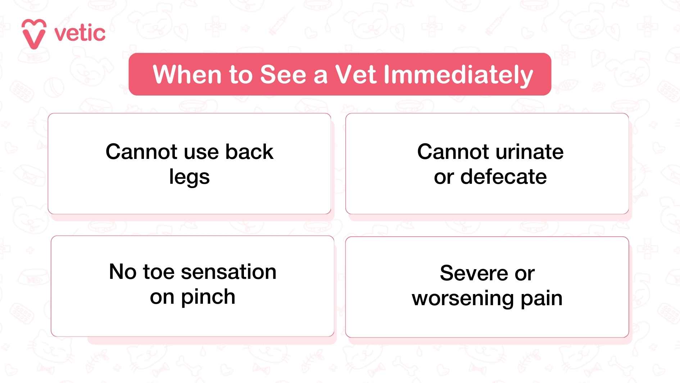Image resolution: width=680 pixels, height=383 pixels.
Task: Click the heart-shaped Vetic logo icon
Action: point(34,34)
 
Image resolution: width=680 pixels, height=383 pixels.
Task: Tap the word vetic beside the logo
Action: point(80,34)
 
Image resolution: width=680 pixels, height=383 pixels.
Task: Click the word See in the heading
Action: point(283,75)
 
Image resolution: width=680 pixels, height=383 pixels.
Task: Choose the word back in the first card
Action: point(249,152)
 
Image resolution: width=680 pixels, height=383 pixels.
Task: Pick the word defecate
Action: point(503,177)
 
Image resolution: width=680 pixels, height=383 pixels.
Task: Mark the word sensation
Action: point(228,272)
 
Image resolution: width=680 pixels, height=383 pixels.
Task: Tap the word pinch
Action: point(208,298)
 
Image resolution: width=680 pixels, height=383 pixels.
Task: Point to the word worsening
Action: point(463,299)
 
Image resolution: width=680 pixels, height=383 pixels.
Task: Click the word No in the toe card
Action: point(123,272)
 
